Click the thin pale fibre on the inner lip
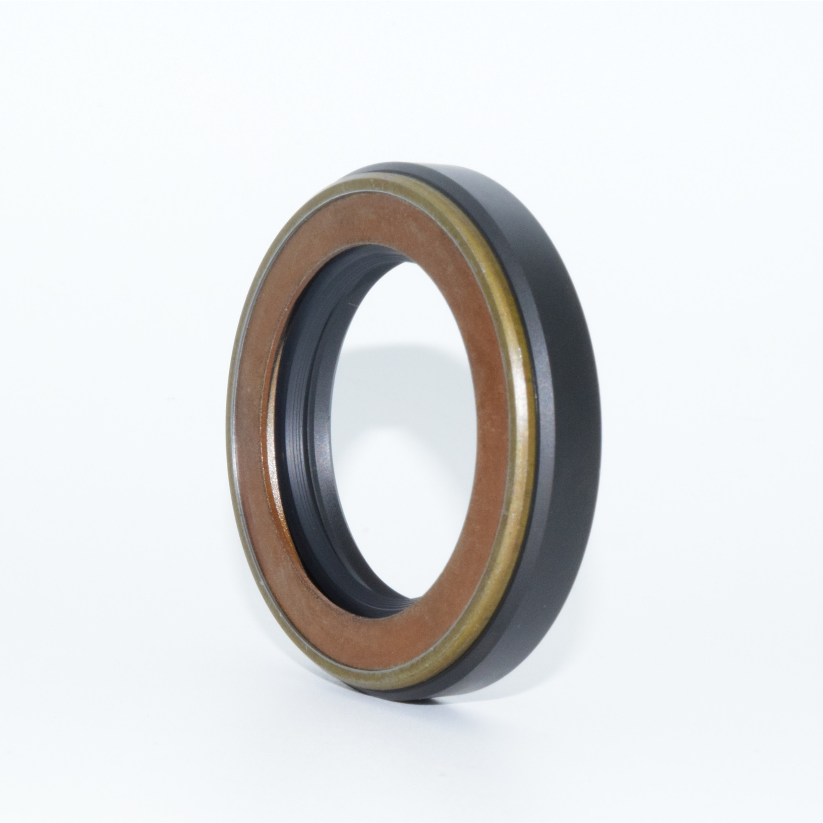352,305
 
